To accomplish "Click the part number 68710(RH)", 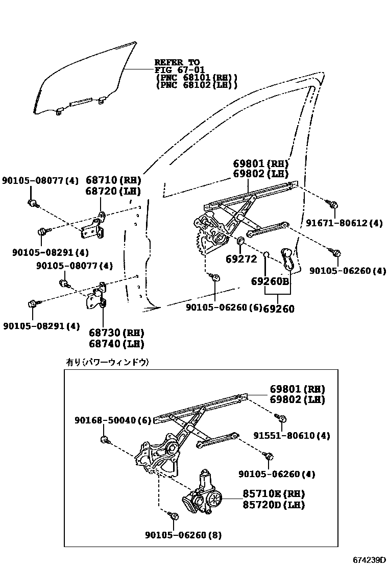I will coord(113,180).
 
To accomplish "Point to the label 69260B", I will coord(270,282).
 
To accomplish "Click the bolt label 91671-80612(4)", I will coord(344,223).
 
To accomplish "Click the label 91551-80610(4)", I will coord(292,436).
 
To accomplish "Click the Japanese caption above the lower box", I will coord(107,362).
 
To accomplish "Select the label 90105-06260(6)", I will coord(223,307).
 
